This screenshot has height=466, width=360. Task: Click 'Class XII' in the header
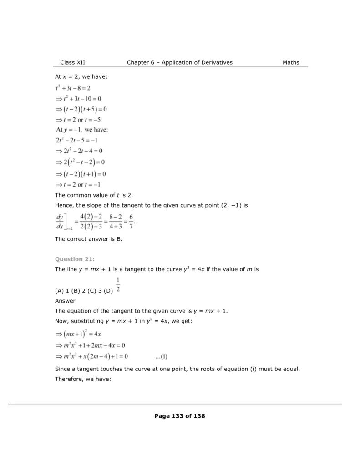point(72,62)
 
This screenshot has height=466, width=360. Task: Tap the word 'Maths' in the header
point(291,62)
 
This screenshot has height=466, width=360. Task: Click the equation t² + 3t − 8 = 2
point(73,88)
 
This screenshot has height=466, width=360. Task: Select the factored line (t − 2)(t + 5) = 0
point(81,109)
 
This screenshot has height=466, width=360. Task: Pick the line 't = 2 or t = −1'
point(77,184)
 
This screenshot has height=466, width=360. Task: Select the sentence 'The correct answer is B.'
point(88,239)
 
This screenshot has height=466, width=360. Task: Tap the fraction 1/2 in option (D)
point(118,284)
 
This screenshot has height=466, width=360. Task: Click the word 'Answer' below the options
point(65,301)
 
